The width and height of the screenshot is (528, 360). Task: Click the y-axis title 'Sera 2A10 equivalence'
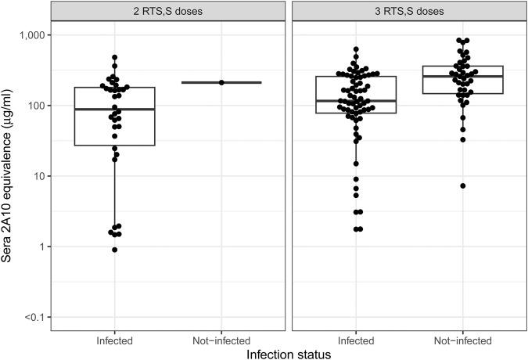coord(10,177)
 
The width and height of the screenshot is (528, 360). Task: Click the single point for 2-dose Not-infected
coord(221,82)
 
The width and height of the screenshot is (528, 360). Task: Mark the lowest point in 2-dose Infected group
coord(115,250)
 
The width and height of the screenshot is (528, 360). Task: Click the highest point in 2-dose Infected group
coord(115,57)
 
